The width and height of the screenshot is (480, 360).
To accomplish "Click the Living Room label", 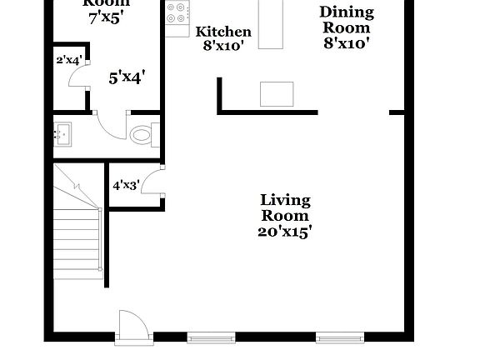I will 286,207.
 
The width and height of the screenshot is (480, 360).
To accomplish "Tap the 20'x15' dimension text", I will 285,232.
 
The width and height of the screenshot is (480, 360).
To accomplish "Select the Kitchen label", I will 223,32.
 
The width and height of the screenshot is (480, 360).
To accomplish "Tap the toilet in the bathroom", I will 142,133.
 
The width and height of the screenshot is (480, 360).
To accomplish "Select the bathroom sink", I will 62,133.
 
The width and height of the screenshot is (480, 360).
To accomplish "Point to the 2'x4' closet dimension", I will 67,60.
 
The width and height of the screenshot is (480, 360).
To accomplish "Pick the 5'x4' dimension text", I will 127,77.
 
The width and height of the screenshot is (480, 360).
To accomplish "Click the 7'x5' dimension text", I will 106,17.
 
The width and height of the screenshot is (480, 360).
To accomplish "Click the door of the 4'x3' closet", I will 152,182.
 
